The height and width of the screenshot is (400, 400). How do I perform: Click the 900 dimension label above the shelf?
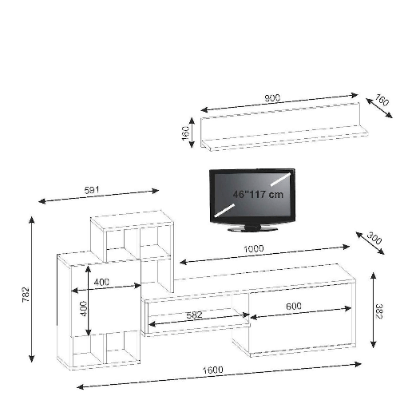pyautogui.click(x=272, y=99)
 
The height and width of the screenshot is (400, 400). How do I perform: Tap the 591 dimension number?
pyautogui.click(x=93, y=190)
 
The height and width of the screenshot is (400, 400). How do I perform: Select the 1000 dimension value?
pyautogui.click(x=255, y=248)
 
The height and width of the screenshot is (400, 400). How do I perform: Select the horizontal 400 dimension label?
pyautogui.click(x=102, y=282)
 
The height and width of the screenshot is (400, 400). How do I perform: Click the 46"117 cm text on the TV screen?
pyautogui.click(x=258, y=194)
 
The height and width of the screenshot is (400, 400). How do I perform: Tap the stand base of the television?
pyautogui.click(x=251, y=228)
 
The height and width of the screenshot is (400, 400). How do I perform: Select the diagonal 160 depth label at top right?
pyautogui.click(x=382, y=102)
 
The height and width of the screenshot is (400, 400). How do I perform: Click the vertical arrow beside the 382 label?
pyautogui.click(x=372, y=309)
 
